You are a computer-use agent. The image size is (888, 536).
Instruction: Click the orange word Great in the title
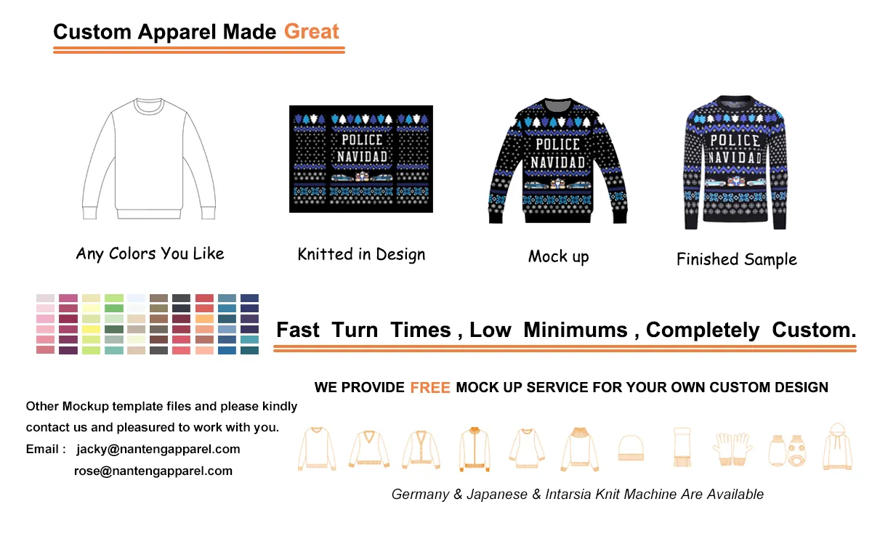tap(311, 32)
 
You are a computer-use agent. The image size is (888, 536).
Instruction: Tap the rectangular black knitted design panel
tap(361, 159)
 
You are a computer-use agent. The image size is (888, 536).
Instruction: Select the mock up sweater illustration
tap(557, 161)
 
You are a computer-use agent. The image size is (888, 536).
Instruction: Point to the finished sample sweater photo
tap(735, 161)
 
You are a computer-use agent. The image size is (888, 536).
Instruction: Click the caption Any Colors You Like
tap(150, 253)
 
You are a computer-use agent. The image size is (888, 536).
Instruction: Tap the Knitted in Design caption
tap(361, 254)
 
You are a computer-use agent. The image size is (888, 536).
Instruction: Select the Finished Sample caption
tap(736, 259)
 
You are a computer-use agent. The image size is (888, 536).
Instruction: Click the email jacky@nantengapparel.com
tap(158, 449)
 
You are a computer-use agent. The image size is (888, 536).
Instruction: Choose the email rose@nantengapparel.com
tap(153, 471)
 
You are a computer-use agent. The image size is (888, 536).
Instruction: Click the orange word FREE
tap(430, 388)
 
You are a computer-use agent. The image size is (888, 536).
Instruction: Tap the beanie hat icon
tap(630, 448)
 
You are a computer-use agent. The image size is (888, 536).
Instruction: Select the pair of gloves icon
tap(732, 448)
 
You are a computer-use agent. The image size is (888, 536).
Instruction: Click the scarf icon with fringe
tap(681, 447)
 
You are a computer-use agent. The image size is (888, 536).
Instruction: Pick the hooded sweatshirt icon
tap(837, 446)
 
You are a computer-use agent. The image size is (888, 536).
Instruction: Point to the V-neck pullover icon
tap(369, 448)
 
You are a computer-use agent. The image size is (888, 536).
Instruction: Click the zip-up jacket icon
tap(474, 448)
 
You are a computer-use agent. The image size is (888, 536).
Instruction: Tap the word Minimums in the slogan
tap(575, 330)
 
